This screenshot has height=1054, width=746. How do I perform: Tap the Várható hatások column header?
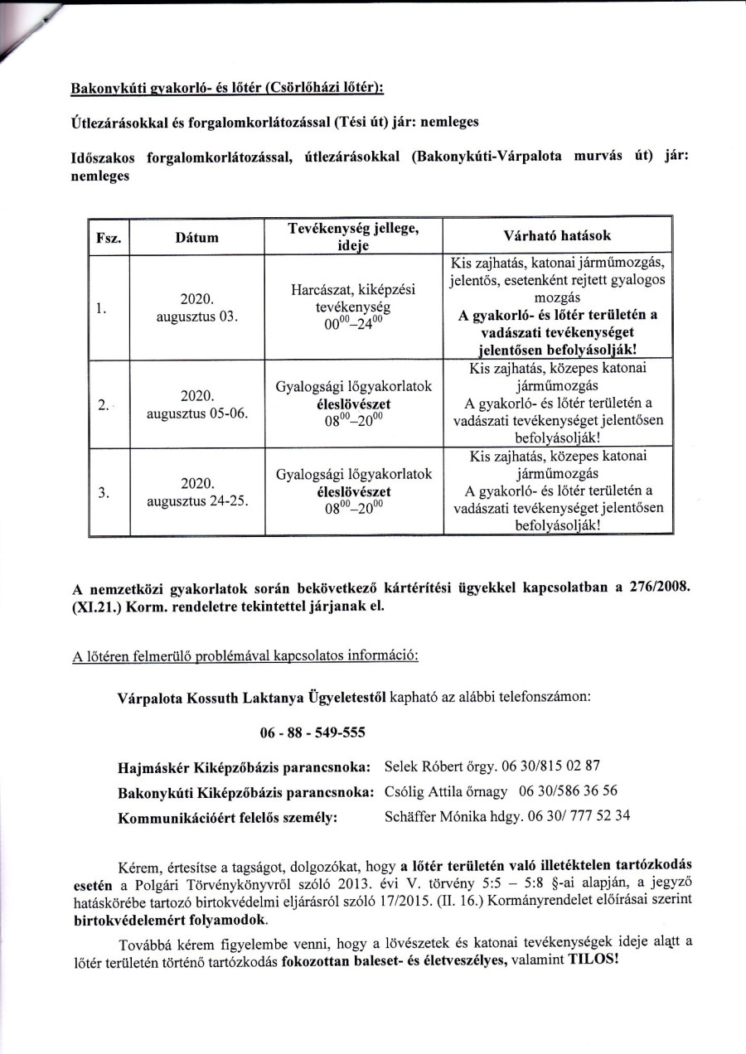point(557,234)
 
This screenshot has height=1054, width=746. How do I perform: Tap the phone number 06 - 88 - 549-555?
point(312,733)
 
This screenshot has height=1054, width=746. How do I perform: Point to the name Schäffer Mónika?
point(437,815)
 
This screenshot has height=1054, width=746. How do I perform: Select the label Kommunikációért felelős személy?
point(228,816)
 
